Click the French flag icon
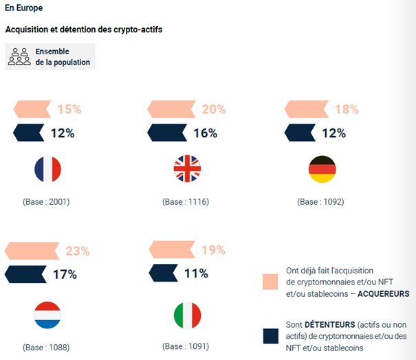(47, 168)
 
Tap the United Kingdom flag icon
(186, 168)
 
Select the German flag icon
(322, 168)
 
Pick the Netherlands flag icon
(47, 315)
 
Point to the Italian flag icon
(186, 315)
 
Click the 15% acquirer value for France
(69, 109)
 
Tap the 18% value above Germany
(346, 109)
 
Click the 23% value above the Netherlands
(77, 251)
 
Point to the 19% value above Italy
(212, 250)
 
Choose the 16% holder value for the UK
(205, 133)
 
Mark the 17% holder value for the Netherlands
(65, 275)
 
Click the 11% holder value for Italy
(196, 273)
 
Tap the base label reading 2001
(47, 202)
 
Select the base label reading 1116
(186, 202)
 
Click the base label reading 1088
(47, 347)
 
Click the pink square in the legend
(270, 282)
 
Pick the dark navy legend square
(270, 335)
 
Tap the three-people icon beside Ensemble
(19, 56)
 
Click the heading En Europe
(23, 8)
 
